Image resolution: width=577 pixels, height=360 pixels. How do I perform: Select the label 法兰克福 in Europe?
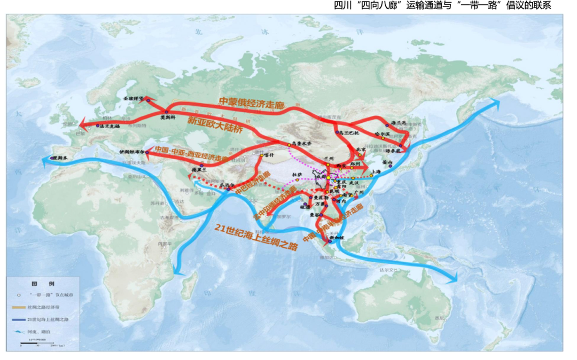tap(108, 126)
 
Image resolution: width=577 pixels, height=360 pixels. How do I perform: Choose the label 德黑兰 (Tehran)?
tap(199, 170)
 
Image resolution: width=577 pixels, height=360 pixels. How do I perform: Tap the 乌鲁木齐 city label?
tap(302, 143)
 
